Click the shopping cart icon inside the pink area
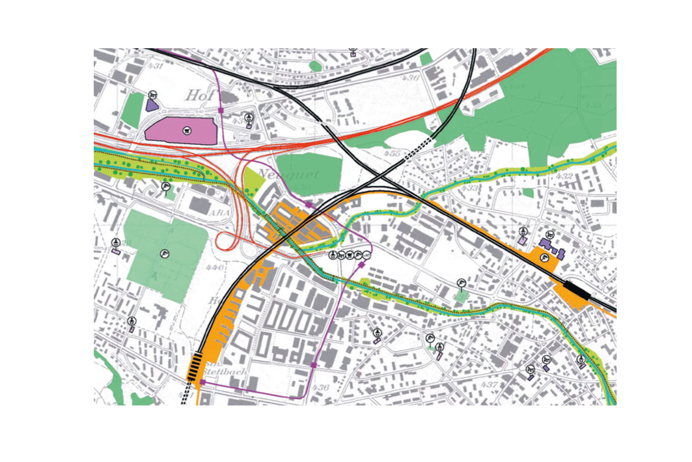tap(187, 130)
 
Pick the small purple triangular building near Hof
tap(152, 105)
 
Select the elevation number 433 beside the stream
tap(470, 188)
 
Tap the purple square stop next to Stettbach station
tap(202, 383)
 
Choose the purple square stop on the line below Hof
tap(221, 111)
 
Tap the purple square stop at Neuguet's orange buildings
tap(309, 205)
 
